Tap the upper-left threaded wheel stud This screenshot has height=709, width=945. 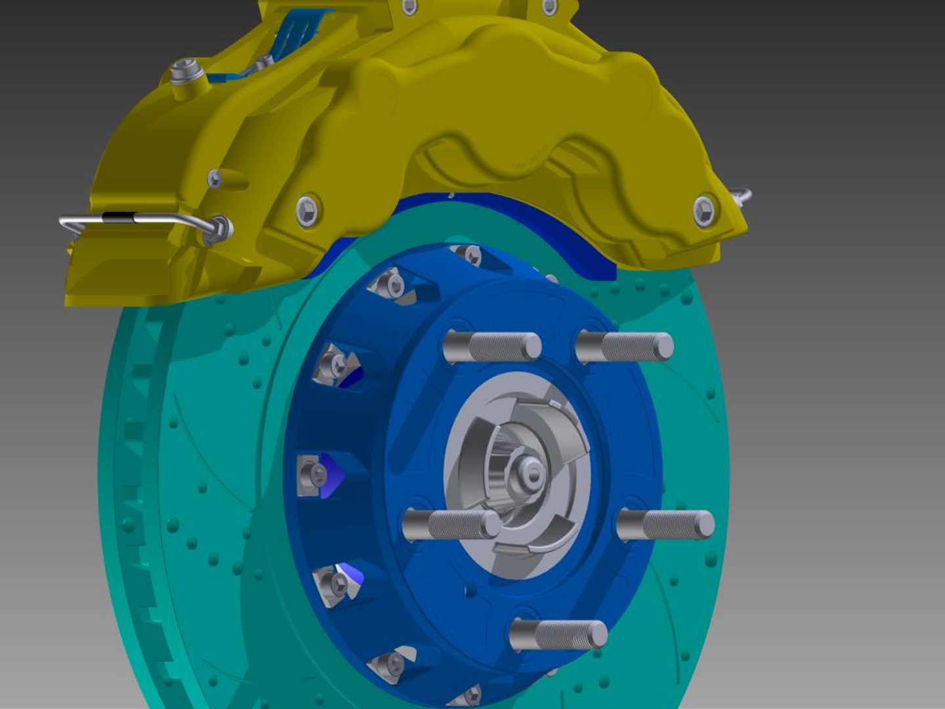tap(492, 347)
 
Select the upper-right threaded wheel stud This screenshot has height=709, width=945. tap(625, 346)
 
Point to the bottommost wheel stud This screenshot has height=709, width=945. tap(558, 634)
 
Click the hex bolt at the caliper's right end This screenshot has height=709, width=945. tap(703, 211)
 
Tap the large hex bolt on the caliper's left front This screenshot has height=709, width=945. tap(308, 210)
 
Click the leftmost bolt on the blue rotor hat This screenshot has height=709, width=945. tap(312, 473)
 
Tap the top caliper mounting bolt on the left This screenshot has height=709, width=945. tap(408, 7)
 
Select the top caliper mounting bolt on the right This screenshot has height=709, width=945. tap(549, 7)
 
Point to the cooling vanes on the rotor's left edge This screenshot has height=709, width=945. tap(135, 460)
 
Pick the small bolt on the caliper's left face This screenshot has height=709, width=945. tap(215, 178)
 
